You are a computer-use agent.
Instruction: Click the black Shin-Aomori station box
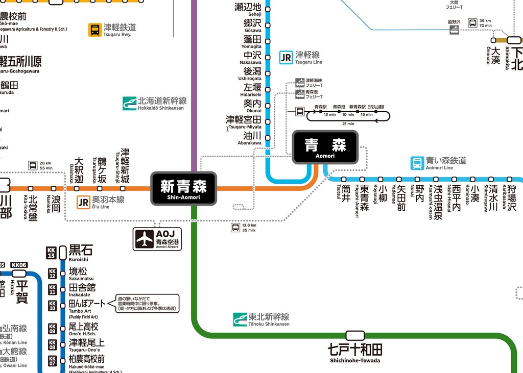point(183,188)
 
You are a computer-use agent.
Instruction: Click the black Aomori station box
point(325,147)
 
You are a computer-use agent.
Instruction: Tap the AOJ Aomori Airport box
point(157,239)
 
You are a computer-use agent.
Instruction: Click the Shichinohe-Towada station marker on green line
point(355,335)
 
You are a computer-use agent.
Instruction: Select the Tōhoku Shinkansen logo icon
point(240,319)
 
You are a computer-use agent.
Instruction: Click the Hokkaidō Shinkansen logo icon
point(129,104)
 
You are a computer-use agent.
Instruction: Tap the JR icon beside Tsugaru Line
point(286,57)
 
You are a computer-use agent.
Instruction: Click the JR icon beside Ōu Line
point(83,203)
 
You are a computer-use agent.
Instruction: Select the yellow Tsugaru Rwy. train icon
point(95,30)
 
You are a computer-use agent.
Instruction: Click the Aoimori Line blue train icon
point(417,163)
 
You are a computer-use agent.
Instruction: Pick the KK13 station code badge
point(51,253)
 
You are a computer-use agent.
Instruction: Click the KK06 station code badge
point(18,265)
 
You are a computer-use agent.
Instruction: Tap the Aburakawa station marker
point(268,136)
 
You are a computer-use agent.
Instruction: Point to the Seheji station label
point(248,8)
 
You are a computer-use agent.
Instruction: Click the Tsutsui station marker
point(344,180)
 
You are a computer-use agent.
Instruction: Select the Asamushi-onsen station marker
point(436,180)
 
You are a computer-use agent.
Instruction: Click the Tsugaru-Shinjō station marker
point(123,188)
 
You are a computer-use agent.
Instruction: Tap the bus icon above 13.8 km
point(235,228)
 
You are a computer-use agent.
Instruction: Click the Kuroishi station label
point(81,250)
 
